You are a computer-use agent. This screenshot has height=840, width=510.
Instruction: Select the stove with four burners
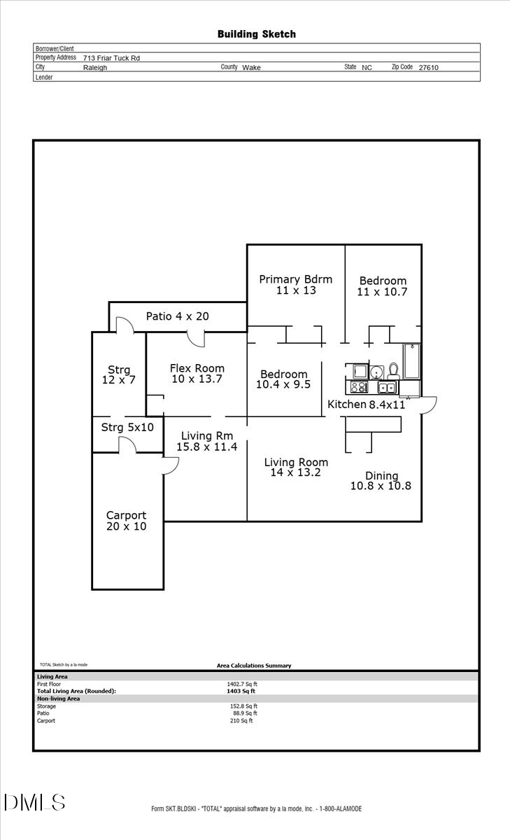[359, 386]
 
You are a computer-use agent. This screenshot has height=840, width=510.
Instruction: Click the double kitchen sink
[387, 387]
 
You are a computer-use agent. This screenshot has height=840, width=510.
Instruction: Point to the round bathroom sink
[376, 371]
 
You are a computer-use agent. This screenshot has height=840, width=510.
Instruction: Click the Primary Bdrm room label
[295, 284]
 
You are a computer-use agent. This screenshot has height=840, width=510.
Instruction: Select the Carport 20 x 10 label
[126, 521]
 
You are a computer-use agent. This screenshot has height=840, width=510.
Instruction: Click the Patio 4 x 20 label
[177, 316]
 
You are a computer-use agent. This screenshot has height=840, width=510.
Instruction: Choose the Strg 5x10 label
[127, 427]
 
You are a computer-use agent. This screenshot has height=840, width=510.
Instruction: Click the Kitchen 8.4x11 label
[367, 405]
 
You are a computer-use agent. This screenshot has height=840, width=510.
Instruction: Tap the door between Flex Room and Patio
[197, 337]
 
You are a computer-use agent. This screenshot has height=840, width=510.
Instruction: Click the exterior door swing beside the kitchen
[428, 405]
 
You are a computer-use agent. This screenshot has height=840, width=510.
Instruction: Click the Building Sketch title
[256, 34]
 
